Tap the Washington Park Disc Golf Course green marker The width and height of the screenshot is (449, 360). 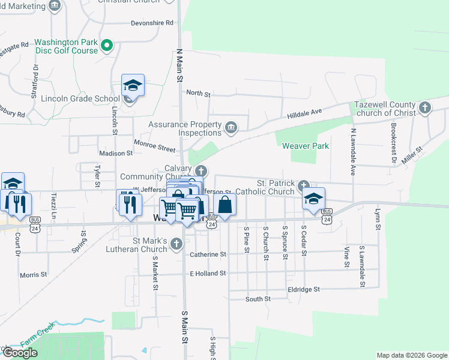(x=107, y=45)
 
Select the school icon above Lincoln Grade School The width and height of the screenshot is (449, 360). (x=133, y=86)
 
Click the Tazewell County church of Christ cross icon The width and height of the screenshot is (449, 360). (x=424, y=108)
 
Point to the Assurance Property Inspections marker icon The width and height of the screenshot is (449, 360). (x=231, y=128)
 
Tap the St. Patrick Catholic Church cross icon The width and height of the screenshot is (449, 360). (x=304, y=186)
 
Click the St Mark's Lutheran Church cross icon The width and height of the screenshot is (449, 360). (x=176, y=244)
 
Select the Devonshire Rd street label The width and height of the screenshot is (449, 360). (x=152, y=23)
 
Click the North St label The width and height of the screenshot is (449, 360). (x=198, y=93)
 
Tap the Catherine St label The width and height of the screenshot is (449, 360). (x=208, y=254)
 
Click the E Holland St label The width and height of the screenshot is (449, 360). (x=207, y=273)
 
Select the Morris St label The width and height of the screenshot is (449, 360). (x=33, y=275)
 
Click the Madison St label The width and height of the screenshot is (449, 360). (x=115, y=153)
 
